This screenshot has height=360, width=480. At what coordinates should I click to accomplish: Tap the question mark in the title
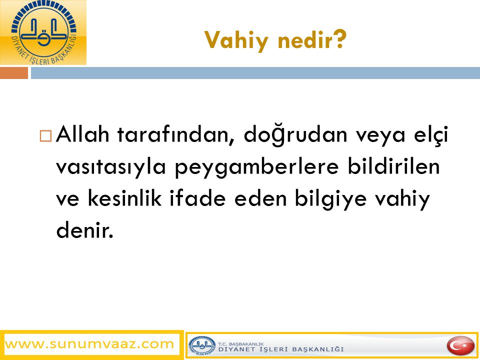coord(340,38)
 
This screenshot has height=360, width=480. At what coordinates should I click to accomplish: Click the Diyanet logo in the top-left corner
coord(43,32)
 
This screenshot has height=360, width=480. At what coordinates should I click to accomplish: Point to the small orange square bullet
coord(45,136)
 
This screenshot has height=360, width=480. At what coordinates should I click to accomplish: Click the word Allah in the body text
coord(82,134)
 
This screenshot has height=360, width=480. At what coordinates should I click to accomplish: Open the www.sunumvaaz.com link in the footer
coord(89,344)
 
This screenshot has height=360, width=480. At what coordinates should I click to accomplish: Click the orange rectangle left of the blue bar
coord(14,73)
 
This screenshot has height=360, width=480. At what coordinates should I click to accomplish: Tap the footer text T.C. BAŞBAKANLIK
coord(240,344)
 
